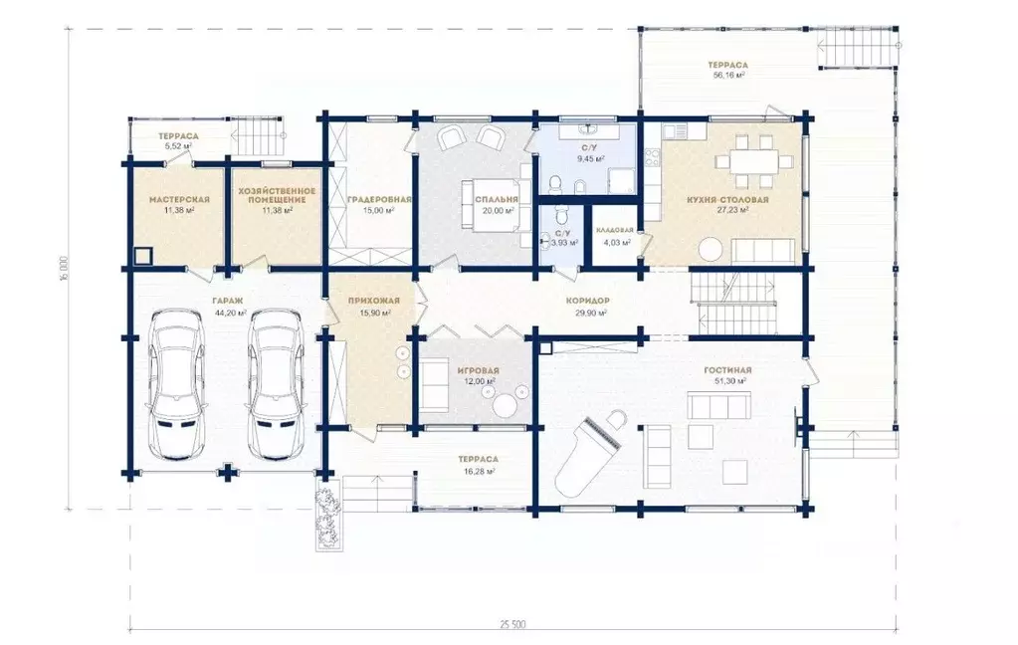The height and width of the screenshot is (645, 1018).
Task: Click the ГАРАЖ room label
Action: [227, 301]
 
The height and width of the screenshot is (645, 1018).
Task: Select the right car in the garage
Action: [276, 384]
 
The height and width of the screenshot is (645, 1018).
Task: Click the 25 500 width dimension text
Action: [512, 625]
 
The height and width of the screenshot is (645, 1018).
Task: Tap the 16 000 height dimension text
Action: [64, 269]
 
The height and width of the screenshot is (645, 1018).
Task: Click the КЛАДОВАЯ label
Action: [615, 230]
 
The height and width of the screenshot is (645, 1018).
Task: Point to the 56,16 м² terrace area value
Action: [727, 76]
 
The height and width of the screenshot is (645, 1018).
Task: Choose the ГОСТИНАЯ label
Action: [727, 370]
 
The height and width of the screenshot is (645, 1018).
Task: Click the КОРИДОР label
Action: [587, 301]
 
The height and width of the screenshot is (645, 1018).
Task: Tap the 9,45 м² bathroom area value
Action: [591, 158]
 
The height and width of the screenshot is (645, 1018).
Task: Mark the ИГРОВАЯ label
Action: [478, 370]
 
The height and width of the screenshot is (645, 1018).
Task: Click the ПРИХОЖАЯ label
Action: [374, 301]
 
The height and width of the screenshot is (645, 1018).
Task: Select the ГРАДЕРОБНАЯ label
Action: [379, 199]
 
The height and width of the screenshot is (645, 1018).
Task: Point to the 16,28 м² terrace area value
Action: [481, 472]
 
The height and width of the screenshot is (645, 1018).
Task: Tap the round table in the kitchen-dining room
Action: [710, 250]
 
